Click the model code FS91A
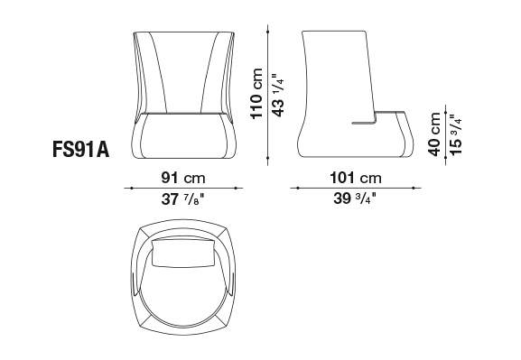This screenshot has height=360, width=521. [80, 149]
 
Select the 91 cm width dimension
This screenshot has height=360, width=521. [183, 178]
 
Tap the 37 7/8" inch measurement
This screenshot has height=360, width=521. [182, 199]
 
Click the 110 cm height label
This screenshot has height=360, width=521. [256, 93]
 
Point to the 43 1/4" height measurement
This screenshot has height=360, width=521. [278, 95]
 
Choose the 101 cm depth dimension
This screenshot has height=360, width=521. [356, 178]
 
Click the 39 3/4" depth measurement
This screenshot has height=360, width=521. [355, 198]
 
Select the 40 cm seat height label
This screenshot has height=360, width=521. [434, 134]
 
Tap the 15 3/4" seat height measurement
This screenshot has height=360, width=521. [456, 134]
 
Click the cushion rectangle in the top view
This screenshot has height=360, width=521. [182, 253]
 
